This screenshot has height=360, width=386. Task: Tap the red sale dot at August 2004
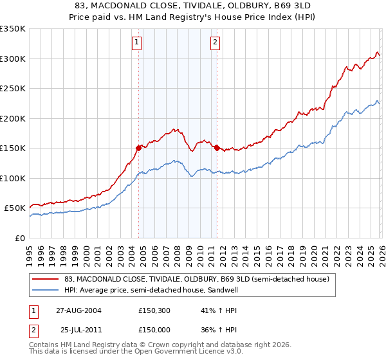(138, 147)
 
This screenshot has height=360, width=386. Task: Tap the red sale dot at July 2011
(217, 148)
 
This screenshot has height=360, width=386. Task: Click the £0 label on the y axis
(19, 238)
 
